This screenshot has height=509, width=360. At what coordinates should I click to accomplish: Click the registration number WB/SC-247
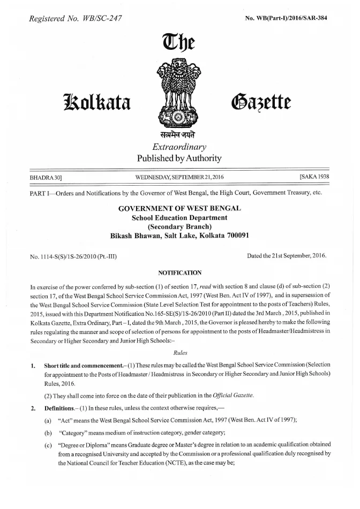100,19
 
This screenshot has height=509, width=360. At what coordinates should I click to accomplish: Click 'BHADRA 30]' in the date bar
47,176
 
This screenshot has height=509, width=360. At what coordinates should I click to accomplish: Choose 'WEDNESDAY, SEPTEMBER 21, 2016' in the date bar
179,176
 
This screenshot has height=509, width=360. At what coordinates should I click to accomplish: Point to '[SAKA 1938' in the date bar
312,176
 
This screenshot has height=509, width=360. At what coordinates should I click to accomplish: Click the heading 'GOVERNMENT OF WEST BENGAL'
179,208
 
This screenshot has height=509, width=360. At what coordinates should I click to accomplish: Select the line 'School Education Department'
179,217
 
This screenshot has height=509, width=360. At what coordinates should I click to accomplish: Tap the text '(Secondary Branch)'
179,226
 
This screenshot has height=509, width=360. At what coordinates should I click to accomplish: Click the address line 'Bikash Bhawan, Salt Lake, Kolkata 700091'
179,235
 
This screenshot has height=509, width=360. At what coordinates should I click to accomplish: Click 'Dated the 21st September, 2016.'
287,256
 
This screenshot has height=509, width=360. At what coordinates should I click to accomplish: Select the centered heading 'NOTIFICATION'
180,273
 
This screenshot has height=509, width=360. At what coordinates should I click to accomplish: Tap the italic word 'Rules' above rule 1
180,353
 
